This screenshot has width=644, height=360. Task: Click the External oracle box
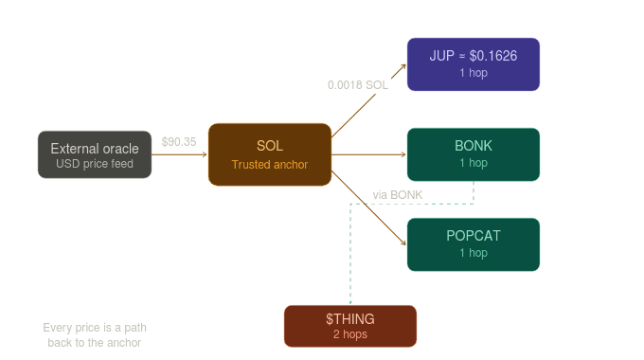click(x=95, y=154)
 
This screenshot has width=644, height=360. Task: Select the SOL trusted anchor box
click(x=270, y=154)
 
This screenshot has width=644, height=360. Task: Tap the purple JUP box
click(x=474, y=64)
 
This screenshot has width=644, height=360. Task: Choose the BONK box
click(x=474, y=154)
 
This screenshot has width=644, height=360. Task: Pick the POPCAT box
click(x=474, y=244)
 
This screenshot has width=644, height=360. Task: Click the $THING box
click(x=350, y=326)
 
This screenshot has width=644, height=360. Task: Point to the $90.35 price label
click(x=179, y=142)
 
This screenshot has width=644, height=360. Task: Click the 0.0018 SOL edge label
click(x=358, y=85)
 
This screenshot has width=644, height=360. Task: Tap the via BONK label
click(x=398, y=195)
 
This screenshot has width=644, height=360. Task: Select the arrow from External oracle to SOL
click(x=180, y=154)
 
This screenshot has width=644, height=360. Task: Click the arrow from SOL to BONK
click(x=369, y=154)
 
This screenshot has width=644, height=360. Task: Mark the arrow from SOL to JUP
click(x=369, y=99)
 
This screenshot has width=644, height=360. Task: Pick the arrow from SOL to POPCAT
click(x=369, y=208)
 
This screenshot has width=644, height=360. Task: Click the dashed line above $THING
click(x=350, y=256)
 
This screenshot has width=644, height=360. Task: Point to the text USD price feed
click(x=95, y=164)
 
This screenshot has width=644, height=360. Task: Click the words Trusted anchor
click(x=270, y=165)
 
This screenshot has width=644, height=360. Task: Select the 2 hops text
click(x=350, y=334)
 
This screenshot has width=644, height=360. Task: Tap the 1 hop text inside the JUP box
click(x=474, y=73)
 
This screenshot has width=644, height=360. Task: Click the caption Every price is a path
click(x=95, y=328)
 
